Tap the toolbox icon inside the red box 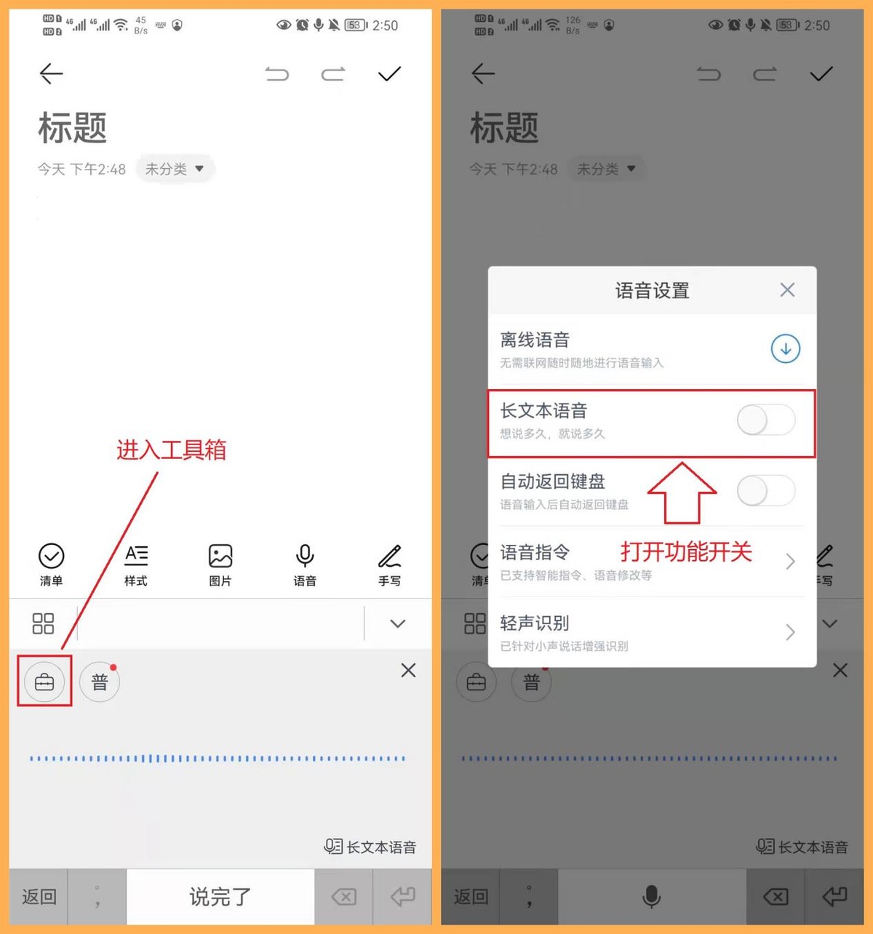point(44,682)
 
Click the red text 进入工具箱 point(171,450)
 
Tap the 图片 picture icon point(220,556)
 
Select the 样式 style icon point(136,556)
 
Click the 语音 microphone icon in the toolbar point(305,556)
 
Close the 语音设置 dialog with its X point(787,290)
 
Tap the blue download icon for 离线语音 point(785,348)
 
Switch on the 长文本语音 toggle point(766,420)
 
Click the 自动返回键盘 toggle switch point(766,490)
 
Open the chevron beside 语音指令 point(790,561)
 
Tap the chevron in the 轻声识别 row point(790,632)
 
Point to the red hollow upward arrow point(682,493)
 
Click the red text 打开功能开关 point(686,551)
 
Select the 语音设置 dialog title point(652,290)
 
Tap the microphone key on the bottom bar point(651,896)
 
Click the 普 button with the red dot point(100,682)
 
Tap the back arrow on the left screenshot point(51,74)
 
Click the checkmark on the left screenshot point(389,73)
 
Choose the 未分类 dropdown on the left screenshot point(175,168)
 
